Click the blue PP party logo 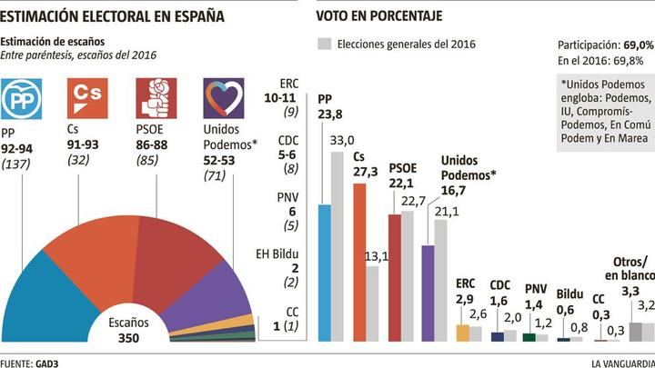22,101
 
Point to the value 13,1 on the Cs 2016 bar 372,257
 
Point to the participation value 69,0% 636,44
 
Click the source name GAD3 48,361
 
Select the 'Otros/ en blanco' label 630,269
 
